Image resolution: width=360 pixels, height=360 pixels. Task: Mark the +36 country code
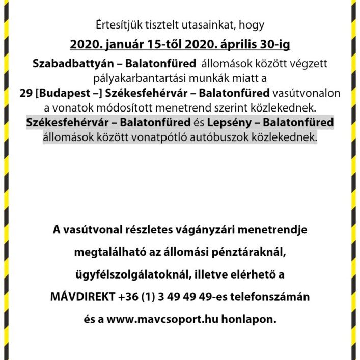[x=127, y=297]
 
